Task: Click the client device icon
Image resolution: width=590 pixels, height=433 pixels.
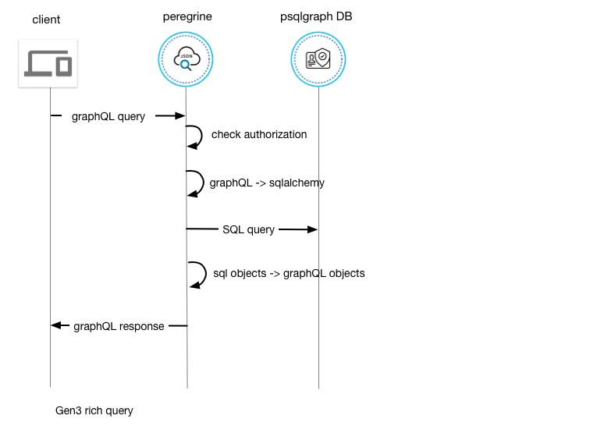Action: (x=48, y=63)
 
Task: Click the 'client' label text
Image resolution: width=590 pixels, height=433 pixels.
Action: (x=46, y=20)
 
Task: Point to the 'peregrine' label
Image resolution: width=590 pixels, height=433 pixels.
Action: (x=187, y=17)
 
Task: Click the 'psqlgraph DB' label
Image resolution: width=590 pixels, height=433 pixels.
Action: (x=316, y=17)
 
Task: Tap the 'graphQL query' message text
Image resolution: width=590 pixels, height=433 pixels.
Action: (x=108, y=116)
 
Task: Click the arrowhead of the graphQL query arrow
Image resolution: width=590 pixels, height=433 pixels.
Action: (x=180, y=116)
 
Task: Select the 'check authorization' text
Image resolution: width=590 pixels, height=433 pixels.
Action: (x=259, y=134)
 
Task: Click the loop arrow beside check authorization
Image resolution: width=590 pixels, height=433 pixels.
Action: (x=201, y=137)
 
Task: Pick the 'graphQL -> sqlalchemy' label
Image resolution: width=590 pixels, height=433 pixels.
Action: (x=267, y=183)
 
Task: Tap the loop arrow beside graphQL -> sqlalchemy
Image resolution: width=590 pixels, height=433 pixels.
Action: (x=204, y=183)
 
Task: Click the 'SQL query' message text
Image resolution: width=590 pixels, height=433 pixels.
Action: (x=249, y=229)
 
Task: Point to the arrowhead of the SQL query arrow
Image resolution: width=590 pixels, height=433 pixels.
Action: (x=313, y=229)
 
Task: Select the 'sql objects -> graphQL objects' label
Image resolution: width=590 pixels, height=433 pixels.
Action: (x=289, y=274)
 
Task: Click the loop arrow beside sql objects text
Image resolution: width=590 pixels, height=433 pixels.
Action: (x=206, y=274)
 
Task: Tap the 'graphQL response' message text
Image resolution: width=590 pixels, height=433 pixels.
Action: (x=119, y=326)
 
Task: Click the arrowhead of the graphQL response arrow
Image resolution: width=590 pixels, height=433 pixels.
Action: (x=55, y=325)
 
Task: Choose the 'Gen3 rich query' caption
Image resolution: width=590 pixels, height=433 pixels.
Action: (x=94, y=411)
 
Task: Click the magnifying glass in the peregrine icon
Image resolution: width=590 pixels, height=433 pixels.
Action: (x=186, y=66)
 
